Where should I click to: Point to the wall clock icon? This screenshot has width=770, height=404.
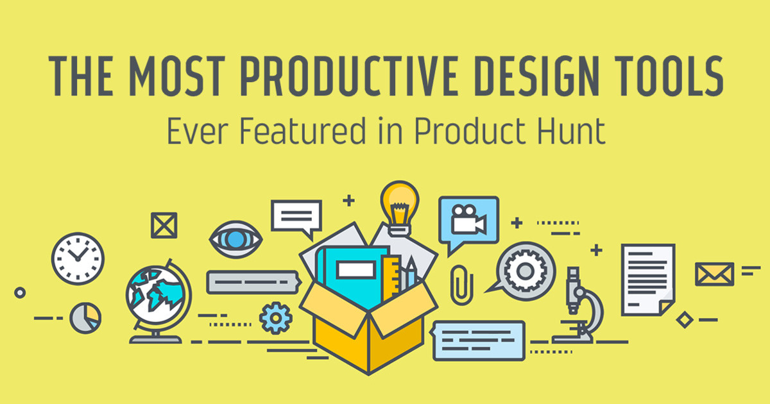(78, 257)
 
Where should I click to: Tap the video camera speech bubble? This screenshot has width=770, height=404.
(468, 221)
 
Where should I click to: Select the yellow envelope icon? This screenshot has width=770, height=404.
(714, 274)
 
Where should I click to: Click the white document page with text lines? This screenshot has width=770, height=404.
(647, 279)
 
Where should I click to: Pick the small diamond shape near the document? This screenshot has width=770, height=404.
(685, 319)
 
